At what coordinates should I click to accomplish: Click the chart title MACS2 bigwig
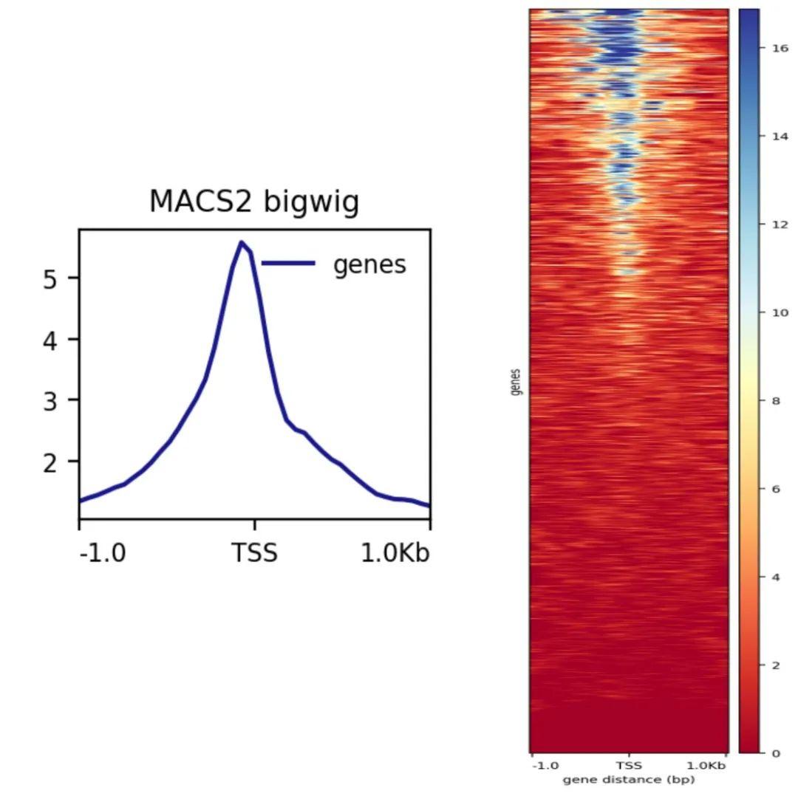pyautogui.click(x=254, y=202)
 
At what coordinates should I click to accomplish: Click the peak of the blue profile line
pyautogui.click(x=241, y=242)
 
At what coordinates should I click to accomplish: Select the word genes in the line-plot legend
pyautogui.click(x=369, y=264)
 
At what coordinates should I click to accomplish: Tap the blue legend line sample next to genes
pyautogui.click(x=288, y=263)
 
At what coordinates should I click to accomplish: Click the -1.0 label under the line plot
pyautogui.click(x=103, y=552)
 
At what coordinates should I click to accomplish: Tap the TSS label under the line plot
pyautogui.click(x=255, y=552)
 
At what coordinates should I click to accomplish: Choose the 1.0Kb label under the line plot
pyautogui.click(x=395, y=552)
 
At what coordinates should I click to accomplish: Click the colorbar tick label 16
pyautogui.click(x=780, y=48)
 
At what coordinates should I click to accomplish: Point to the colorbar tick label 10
pyautogui.click(x=780, y=313)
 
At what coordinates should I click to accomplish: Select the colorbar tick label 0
pyautogui.click(x=775, y=753)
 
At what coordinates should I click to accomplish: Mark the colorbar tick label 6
pyautogui.click(x=775, y=489)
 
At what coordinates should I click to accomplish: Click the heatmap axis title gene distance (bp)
pyautogui.click(x=628, y=780)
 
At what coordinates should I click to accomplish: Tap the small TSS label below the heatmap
pyautogui.click(x=629, y=766)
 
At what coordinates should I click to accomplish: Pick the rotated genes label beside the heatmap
pyautogui.click(x=516, y=382)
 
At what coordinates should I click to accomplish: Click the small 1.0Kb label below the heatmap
pyautogui.click(x=706, y=766)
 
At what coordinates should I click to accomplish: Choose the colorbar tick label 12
pyautogui.click(x=780, y=224)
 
